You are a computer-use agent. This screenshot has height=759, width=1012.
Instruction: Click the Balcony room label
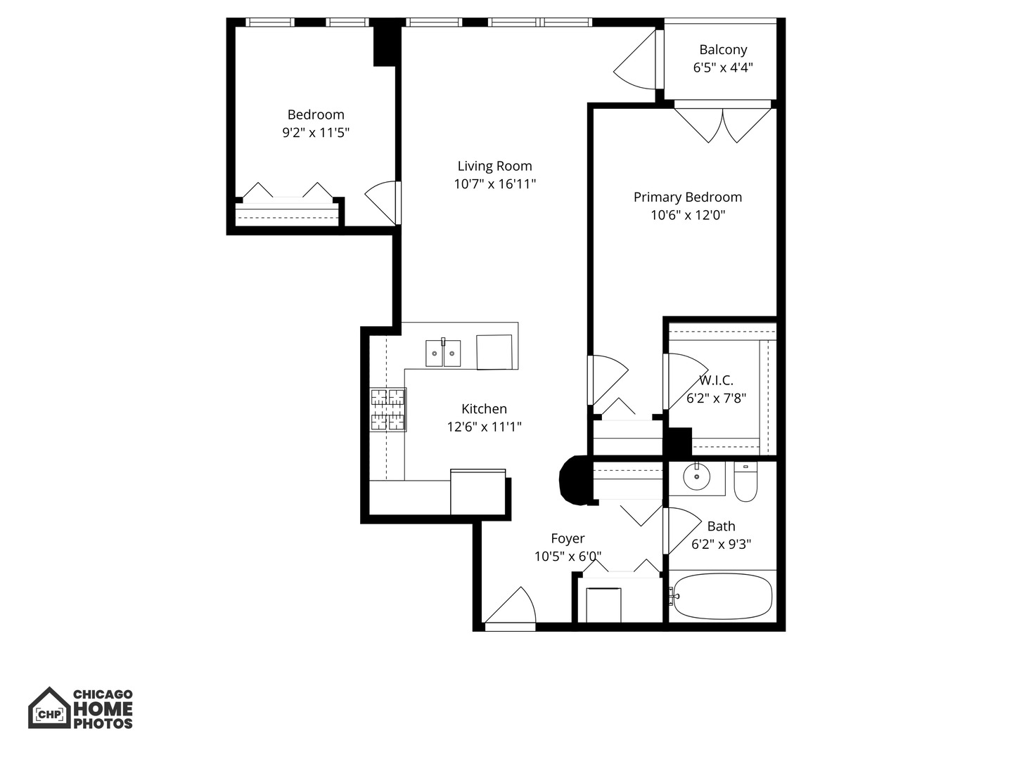click(x=722, y=50)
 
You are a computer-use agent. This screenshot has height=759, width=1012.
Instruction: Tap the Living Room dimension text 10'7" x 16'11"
click(x=494, y=184)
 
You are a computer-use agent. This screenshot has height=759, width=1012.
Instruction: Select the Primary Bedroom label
click(x=687, y=197)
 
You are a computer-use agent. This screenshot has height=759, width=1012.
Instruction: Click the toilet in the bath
click(x=745, y=483)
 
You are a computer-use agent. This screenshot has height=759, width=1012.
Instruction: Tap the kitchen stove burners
click(x=388, y=410)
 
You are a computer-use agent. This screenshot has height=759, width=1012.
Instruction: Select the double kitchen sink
click(x=443, y=353)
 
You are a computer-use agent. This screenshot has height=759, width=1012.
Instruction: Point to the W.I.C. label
click(x=716, y=381)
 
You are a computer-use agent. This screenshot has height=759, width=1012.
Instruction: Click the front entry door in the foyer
click(x=511, y=606)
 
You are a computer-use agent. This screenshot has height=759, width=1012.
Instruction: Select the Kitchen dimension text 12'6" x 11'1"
click(x=484, y=427)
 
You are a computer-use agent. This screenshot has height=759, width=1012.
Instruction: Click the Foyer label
click(x=568, y=538)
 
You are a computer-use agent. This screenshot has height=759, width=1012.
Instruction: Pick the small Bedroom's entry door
click(x=383, y=201)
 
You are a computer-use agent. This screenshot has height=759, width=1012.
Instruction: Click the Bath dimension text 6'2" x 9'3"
click(x=721, y=544)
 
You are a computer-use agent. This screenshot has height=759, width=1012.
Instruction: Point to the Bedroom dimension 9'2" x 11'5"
click(x=316, y=133)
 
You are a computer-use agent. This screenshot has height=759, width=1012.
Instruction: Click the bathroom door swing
click(x=683, y=530)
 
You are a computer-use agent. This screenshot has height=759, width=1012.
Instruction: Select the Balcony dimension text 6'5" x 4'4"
click(x=722, y=68)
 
